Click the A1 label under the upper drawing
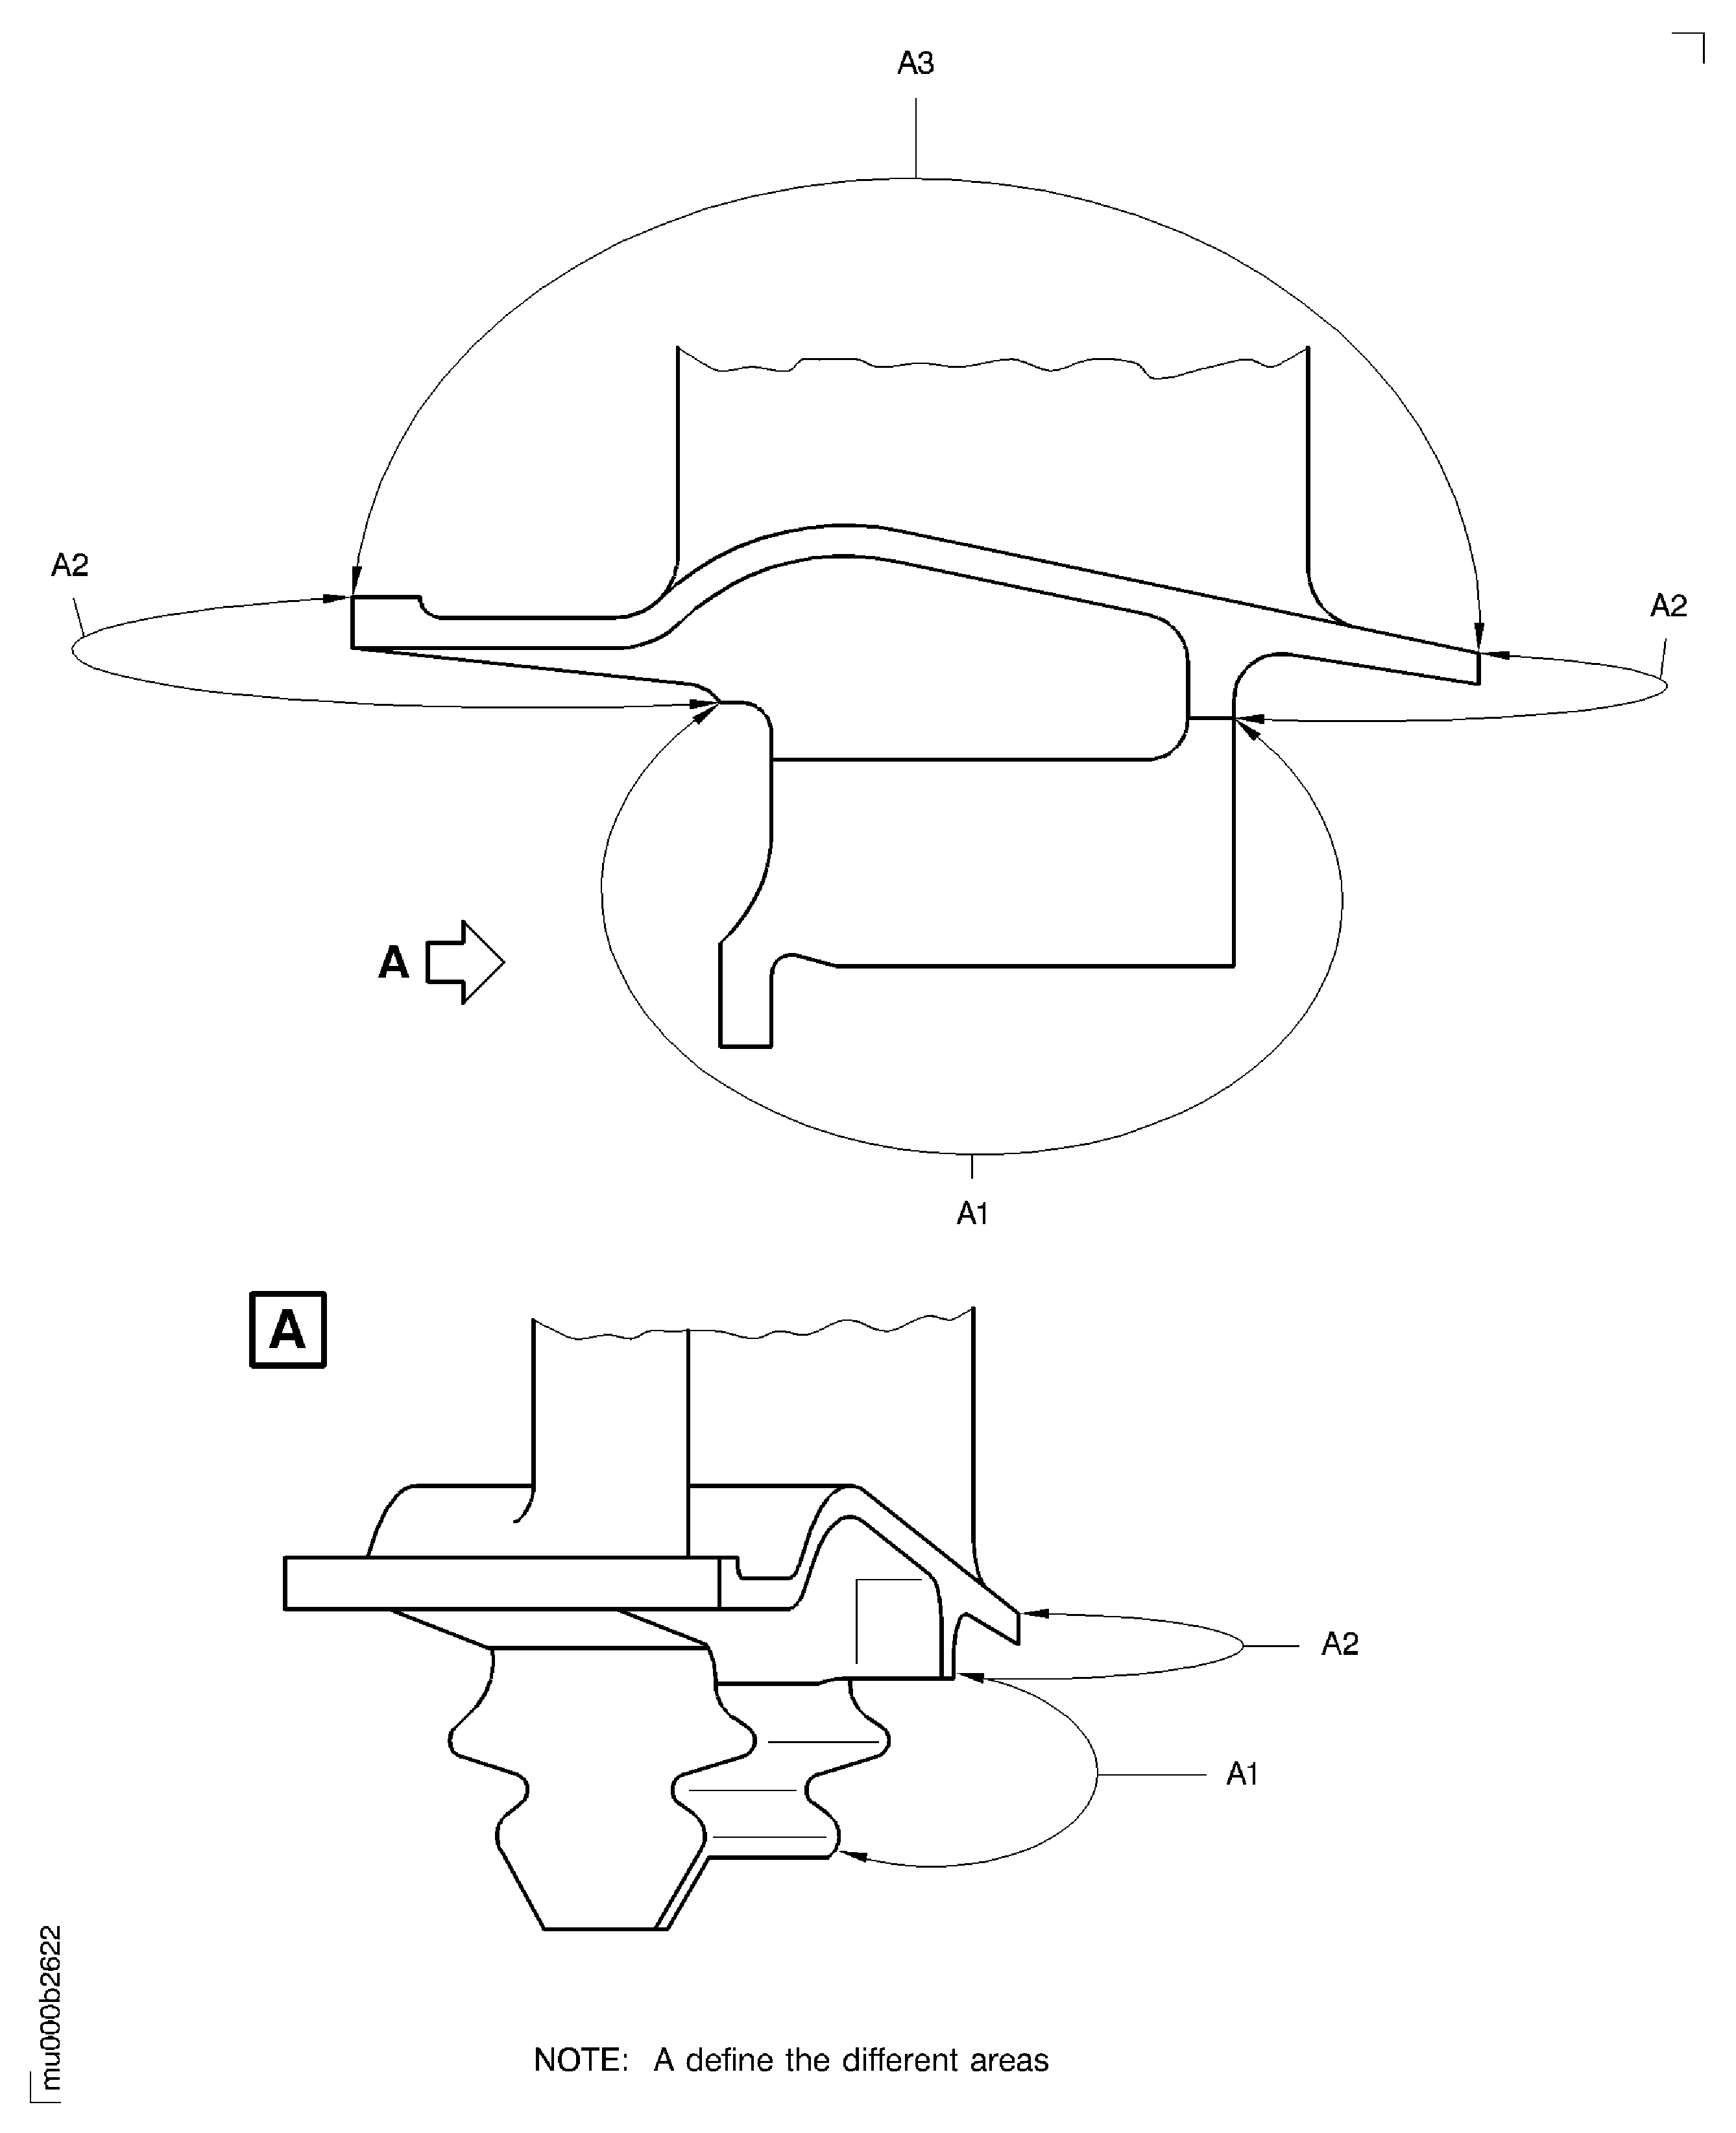pyautogui.click(x=972, y=1213)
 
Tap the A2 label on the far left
pyautogui.click(x=70, y=566)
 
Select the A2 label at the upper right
pyautogui.click(x=1668, y=606)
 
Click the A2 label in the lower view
pyautogui.click(x=1339, y=1644)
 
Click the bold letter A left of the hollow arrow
pyautogui.click(x=394, y=963)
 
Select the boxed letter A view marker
pyautogui.click(x=287, y=1330)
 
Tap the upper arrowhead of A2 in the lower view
pyautogui.click(x=1034, y=1613)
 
